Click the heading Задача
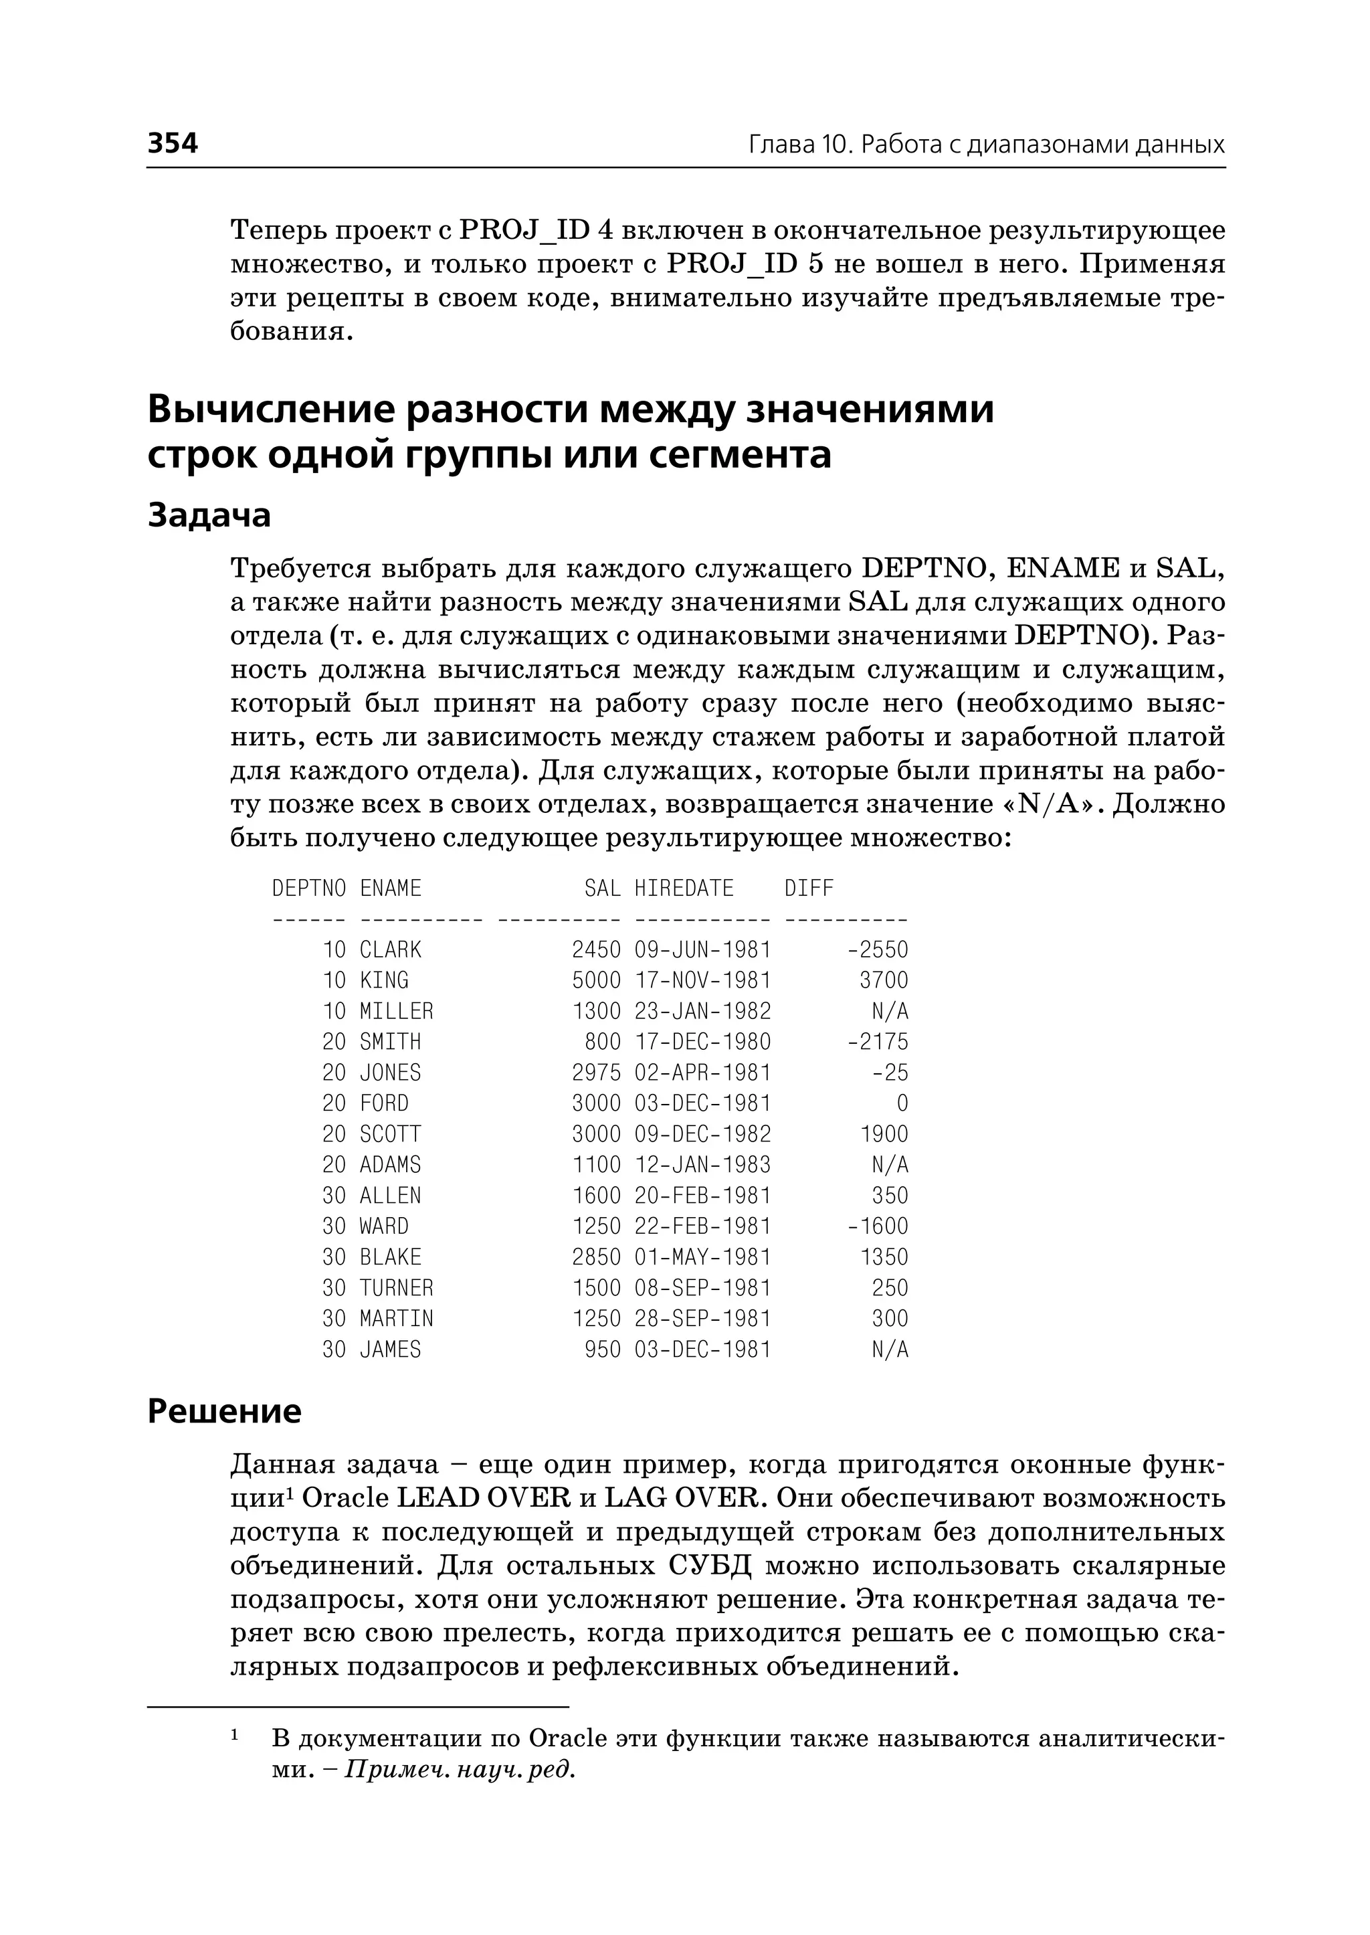click(209, 515)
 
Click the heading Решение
click(224, 1411)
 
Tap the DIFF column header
click(808, 889)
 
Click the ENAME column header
click(390, 889)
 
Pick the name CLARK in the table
click(390, 950)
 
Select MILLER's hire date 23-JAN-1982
click(702, 1011)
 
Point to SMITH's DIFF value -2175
click(878, 1042)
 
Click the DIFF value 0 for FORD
click(902, 1104)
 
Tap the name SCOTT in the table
click(390, 1134)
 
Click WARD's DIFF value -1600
click(878, 1226)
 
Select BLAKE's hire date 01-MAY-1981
click(702, 1257)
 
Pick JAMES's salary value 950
click(602, 1350)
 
